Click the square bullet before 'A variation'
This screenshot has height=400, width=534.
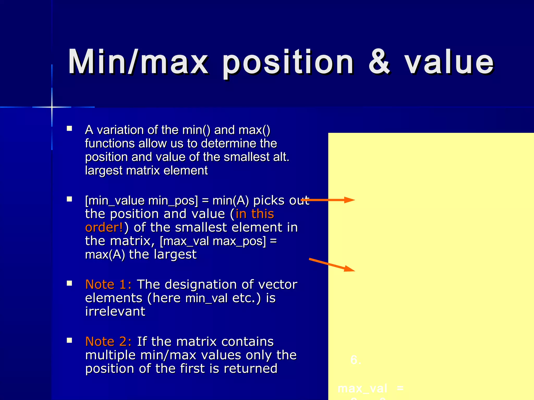pos(69,128)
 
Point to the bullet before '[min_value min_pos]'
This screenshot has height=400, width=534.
pos(69,199)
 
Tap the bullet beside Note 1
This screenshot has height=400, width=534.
pos(69,283)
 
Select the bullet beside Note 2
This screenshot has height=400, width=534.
pos(69,340)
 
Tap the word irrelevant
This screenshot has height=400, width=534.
pos(115,311)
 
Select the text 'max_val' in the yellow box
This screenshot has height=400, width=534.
pos(362,389)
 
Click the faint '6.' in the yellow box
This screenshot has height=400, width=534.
pos(356,360)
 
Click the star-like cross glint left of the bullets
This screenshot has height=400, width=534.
pos(52,107)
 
